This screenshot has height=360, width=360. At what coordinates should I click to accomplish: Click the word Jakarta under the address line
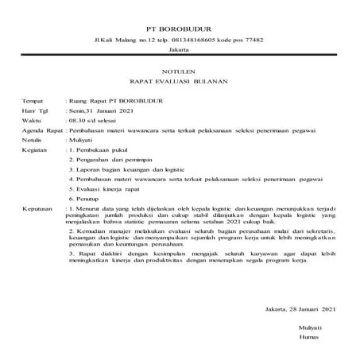click(x=180, y=50)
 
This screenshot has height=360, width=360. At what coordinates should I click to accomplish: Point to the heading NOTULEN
click(x=180, y=70)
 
